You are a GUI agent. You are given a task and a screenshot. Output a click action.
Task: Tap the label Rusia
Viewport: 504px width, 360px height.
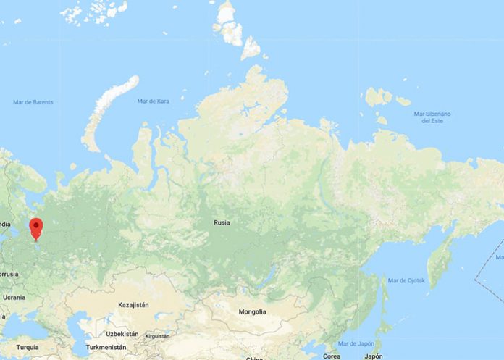coord(222,222)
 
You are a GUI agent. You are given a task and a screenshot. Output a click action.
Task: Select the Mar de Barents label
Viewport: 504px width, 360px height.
coord(33,102)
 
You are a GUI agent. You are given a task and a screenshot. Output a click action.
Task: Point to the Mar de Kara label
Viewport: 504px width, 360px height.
coord(153,101)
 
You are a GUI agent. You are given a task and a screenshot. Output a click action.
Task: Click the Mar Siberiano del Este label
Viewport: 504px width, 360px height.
coord(432,117)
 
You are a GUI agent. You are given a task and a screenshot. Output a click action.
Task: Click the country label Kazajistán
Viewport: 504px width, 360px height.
coord(133,305)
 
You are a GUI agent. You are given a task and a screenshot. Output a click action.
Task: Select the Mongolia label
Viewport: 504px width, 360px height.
coord(252,311)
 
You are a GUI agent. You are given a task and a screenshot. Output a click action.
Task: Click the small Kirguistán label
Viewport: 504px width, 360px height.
coord(157,336)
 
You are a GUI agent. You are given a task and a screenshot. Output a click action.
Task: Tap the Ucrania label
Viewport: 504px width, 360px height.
coord(13,298)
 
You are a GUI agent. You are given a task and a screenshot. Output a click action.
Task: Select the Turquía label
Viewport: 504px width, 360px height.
coord(28,348)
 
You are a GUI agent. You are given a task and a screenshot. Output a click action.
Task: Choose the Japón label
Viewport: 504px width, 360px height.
coord(374,356)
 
